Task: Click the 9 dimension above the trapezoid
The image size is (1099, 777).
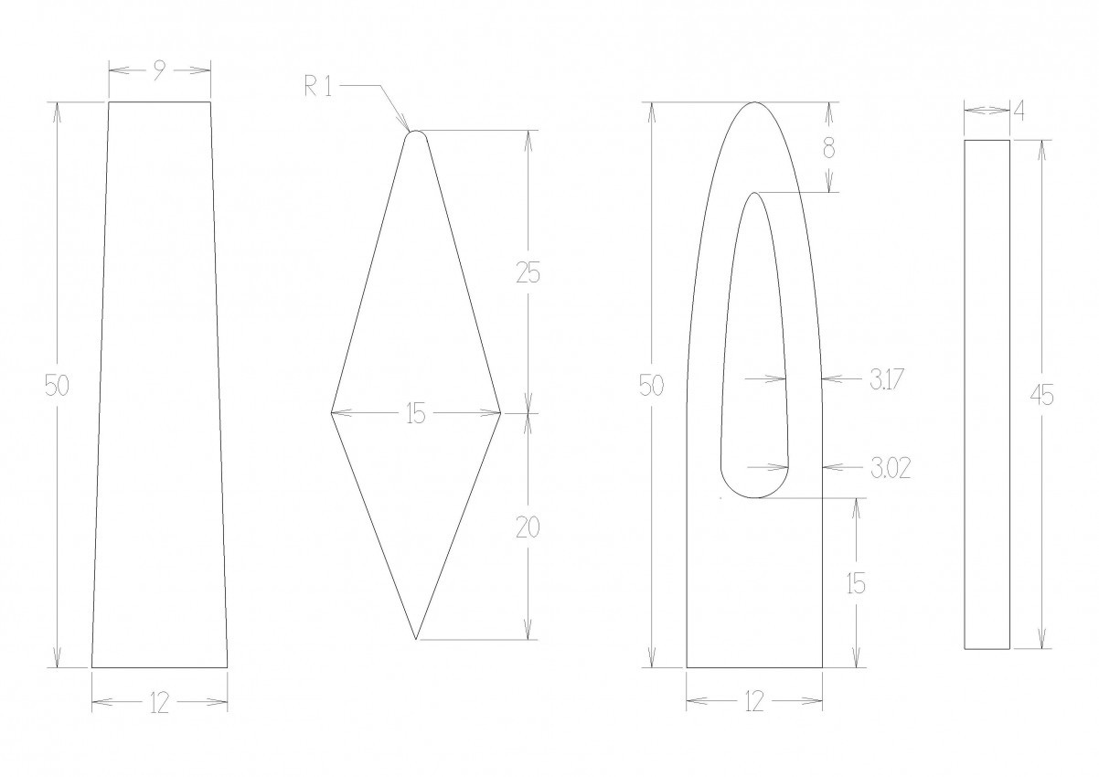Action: click(x=158, y=71)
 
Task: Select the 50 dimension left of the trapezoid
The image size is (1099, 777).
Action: click(x=57, y=385)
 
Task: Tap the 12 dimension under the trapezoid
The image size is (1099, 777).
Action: click(x=159, y=703)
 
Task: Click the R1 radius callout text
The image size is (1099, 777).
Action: click(x=318, y=87)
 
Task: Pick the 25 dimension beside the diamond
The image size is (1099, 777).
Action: click(x=528, y=273)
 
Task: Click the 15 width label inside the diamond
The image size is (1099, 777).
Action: click(x=415, y=414)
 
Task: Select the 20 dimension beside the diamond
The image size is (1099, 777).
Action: click(x=528, y=527)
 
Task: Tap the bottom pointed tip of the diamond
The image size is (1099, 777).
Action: click(x=416, y=639)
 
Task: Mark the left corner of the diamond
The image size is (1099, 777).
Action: click(x=331, y=413)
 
